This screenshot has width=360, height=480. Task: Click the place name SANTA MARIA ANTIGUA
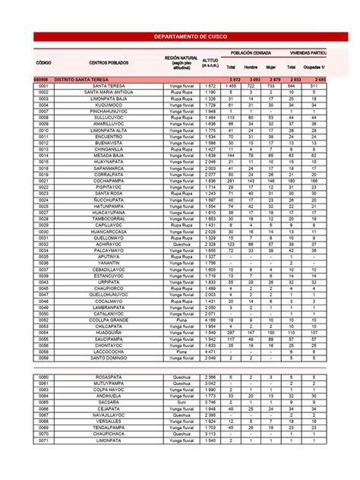pos(109,92)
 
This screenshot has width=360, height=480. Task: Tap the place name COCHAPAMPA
pos(109,182)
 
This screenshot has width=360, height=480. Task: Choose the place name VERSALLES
pos(109,421)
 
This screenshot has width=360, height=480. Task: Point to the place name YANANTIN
pos(109,263)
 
